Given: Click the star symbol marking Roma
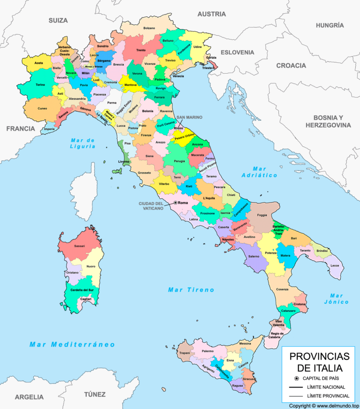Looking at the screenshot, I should [x=175, y=203].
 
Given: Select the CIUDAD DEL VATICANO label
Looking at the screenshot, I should [x=151, y=206].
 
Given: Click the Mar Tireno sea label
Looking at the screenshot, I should [x=191, y=290].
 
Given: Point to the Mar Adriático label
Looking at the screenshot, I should [x=259, y=172].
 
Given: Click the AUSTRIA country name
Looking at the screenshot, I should [x=211, y=14].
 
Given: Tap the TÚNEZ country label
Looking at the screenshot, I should [x=95, y=394].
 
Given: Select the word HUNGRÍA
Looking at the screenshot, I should [x=330, y=25].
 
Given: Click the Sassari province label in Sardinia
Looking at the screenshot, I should [x=79, y=246].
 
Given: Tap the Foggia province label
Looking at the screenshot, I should [x=262, y=215].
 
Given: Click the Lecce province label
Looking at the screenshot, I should [x=334, y=265].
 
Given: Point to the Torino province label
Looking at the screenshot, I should [x=40, y=85].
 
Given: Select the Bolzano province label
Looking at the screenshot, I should [x=149, y=28].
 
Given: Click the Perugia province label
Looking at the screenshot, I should [x=179, y=161].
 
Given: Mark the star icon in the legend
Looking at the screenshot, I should [x=296, y=378].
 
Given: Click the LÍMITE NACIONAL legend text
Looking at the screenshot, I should [x=326, y=387].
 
